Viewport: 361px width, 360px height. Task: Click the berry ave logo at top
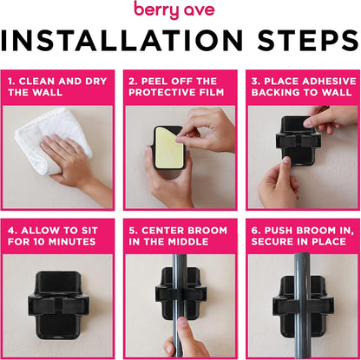tap(180, 10)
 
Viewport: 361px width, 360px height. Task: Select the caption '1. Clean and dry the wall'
tap(59, 87)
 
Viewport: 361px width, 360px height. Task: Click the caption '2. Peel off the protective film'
tap(180, 87)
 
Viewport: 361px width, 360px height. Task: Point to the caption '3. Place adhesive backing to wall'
tap(301, 87)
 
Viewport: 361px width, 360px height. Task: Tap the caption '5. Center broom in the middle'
tap(180, 236)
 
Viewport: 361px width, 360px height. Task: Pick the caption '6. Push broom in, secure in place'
tap(301, 236)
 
